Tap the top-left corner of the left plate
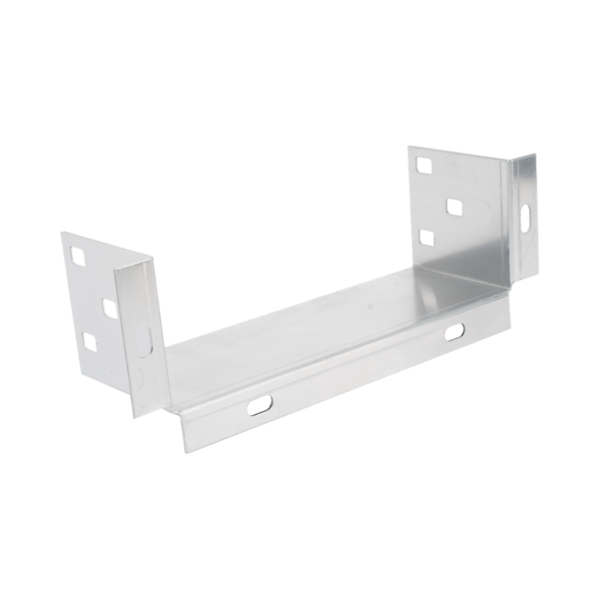pos(60,232)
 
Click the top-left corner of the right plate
pos(408,147)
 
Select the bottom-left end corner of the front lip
pos(183,452)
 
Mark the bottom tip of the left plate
pos(133,418)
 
